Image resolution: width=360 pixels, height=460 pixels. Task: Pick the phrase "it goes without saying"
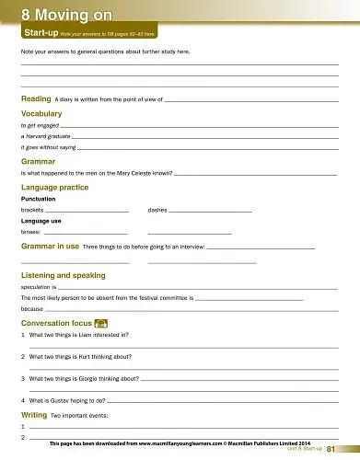pyautogui.click(x=48, y=147)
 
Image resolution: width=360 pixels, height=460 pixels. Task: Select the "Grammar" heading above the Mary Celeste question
pyautogui.click(x=38, y=161)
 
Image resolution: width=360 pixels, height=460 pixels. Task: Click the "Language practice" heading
pyautogui.click(x=54, y=187)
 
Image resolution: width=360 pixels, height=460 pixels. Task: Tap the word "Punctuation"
pyautogui.click(x=38, y=199)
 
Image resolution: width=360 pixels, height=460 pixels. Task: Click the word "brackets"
pyautogui.click(x=32, y=210)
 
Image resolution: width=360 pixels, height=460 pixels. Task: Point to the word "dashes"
pyautogui.click(x=157, y=210)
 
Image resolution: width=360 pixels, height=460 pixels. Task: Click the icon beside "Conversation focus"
pyautogui.click(x=101, y=323)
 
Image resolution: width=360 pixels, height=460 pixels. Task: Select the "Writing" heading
pyautogui.click(x=34, y=416)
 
